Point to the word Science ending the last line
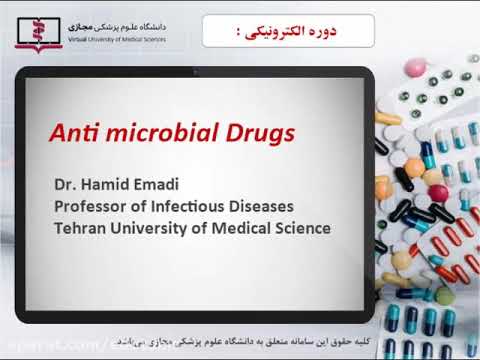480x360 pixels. click(303, 228)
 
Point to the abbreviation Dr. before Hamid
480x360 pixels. click(65, 184)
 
